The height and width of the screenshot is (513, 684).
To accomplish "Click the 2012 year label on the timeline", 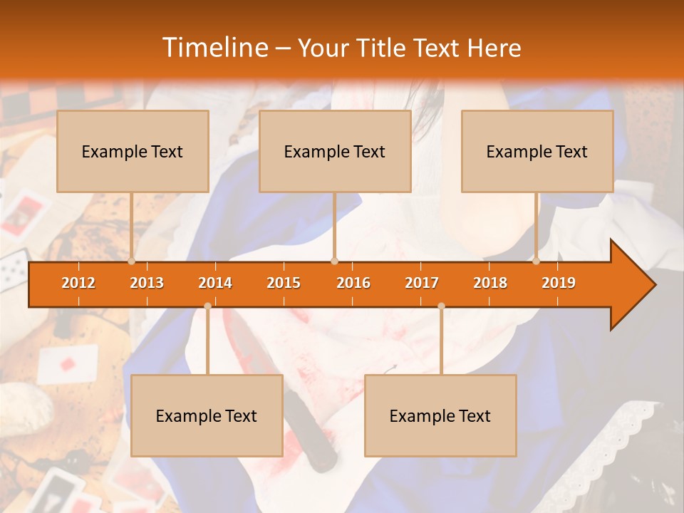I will point(78,283).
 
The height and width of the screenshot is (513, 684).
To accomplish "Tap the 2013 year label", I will point(147,283).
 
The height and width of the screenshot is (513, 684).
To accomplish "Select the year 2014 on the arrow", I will point(215,283).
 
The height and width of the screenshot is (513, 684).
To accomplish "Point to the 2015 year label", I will point(284,283).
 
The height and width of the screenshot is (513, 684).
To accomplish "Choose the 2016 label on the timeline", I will point(353,283).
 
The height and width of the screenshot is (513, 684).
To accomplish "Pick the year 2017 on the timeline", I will point(422,283).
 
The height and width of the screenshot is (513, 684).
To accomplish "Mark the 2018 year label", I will point(490,283).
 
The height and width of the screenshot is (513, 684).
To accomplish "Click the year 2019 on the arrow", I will point(559,283).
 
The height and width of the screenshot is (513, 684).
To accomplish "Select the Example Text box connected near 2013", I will point(133,151).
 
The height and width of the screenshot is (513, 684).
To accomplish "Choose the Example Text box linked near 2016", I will point(335,151).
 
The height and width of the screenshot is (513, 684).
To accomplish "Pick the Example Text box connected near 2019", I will point(537,151).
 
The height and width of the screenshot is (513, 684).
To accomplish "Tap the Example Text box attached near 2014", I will point(207,415).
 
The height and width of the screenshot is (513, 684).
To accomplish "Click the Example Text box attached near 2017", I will point(440,415).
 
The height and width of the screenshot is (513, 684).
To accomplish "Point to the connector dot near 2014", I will point(207,306).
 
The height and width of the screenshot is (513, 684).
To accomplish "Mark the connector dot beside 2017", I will point(441,306).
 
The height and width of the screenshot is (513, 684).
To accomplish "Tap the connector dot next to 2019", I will point(537,261).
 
